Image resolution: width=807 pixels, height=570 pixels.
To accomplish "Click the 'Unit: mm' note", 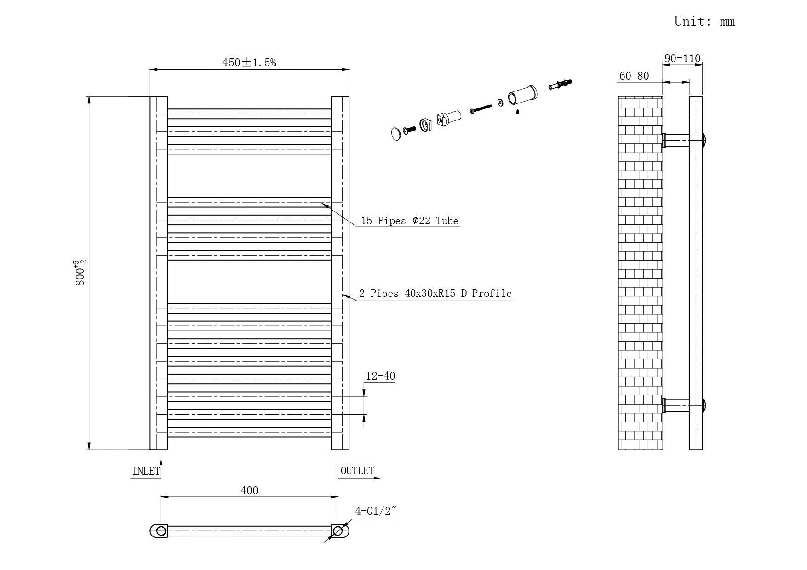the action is pyautogui.click(x=704, y=21).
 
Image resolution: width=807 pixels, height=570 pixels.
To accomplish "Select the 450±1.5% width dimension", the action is pyautogui.click(x=249, y=62).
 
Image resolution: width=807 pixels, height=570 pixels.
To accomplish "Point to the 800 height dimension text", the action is pyautogui.click(x=80, y=273).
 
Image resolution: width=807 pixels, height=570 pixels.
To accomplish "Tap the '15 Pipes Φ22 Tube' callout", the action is pyautogui.click(x=410, y=221).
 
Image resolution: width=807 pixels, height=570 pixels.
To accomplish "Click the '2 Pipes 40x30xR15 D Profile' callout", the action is pyautogui.click(x=435, y=293).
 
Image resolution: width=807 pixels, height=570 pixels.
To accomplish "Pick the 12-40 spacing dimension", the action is pyautogui.click(x=380, y=376).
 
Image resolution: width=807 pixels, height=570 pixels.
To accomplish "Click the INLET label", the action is pyautogui.click(x=146, y=471).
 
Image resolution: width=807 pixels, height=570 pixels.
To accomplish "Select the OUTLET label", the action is pyautogui.click(x=357, y=471).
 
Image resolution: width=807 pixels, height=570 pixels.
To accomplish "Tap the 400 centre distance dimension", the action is pyautogui.click(x=249, y=490).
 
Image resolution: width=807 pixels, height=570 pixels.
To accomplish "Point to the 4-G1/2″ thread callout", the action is pyautogui.click(x=375, y=511).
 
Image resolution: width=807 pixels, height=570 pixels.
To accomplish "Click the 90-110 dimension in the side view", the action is pyautogui.click(x=682, y=58).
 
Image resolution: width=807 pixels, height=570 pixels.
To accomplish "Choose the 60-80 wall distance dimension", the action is pyautogui.click(x=634, y=76).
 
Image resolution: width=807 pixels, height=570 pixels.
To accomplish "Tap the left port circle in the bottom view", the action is pyautogui.click(x=161, y=531).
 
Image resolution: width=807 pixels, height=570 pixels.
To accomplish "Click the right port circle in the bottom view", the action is pyautogui.click(x=338, y=531).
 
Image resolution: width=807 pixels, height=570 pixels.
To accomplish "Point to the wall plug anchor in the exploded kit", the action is pyautogui.click(x=561, y=85).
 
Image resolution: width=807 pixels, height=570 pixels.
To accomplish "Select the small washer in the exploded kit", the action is pyautogui.click(x=500, y=102).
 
